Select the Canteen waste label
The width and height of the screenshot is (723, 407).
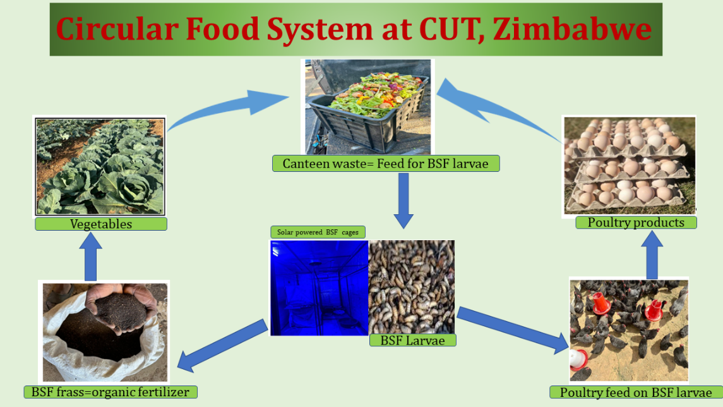pyautogui.click(x=386, y=164)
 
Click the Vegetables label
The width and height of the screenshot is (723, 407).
pyautogui.click(x=101, y=224)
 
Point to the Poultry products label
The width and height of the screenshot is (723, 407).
pyautogui.click(x=636, y=222)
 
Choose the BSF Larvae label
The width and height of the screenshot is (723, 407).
pyautogui.click(x=412, y=340)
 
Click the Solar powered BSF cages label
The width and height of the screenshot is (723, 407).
pyautogui.click(x=318, y=232)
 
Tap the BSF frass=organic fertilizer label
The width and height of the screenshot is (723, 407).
pyautogui.click(x=111, y=392)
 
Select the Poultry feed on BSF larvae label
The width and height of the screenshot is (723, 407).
pyautogui.click(x=636, y=392)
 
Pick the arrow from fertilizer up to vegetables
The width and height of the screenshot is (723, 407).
pyautogui.click(x=91, y=255)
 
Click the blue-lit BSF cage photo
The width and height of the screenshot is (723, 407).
pyautogui.click(x=318, y=288)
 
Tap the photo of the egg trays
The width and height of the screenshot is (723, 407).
pyautogui.click(x=628, y=166)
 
